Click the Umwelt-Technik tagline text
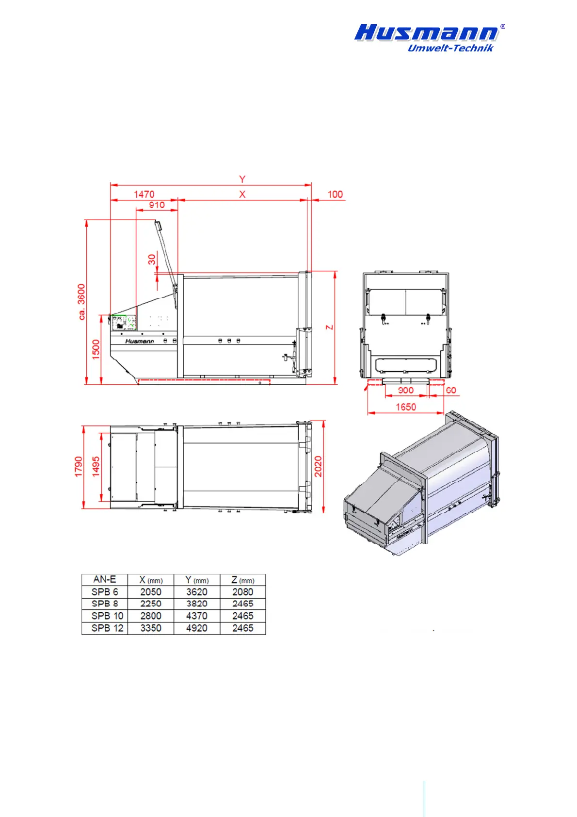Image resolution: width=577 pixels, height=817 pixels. pyautogui.click(x=450, y=48)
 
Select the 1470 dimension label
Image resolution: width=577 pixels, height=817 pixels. pyautogui.click(x=144, y=195)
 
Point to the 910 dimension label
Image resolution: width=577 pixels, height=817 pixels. pyautogui.click(x=157, y=205)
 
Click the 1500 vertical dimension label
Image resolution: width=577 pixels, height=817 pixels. pyautogui.click(x=96, y=349)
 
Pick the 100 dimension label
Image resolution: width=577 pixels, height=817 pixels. pyautogui.click(x=335, y=195)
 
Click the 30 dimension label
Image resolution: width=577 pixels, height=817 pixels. pyautogui.click(x=152, y=260)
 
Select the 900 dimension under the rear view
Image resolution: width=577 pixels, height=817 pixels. pyautogui.click(x=405, y=390)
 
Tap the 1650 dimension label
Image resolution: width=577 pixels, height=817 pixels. pyautogui.click(x=406, y=407)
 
